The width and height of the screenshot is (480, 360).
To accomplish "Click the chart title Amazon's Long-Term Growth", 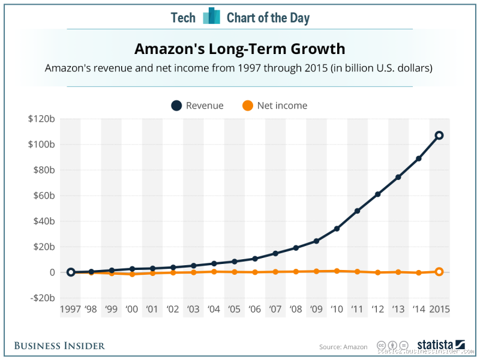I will point(239,48).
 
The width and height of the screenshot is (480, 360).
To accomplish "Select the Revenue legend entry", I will point(197,106).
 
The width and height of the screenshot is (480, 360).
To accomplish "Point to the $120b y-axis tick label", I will point(41,119).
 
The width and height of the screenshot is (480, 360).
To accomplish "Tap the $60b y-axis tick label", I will point(43,196).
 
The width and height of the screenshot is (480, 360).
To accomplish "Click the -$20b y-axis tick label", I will point(42,298).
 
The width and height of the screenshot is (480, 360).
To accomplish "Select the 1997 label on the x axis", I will point(70,310).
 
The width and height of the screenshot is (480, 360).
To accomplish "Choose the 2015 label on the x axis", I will point(439,310).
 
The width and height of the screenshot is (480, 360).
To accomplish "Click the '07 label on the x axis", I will point(275,310).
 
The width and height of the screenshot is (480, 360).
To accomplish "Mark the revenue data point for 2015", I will point(439,136).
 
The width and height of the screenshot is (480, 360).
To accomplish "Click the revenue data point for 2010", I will point(337,229).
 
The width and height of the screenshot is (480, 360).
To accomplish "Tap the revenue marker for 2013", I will point(398,177).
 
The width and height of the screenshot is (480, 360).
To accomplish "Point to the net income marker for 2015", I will point(439,272).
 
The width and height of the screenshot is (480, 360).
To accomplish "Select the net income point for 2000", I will point(132,274).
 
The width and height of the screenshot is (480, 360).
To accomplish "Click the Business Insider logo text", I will point(59,346).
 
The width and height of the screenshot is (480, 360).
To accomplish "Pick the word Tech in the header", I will point(183,17).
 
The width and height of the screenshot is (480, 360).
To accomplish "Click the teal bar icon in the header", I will point(211,16).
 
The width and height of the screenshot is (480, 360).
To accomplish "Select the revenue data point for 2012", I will point(378,194).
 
